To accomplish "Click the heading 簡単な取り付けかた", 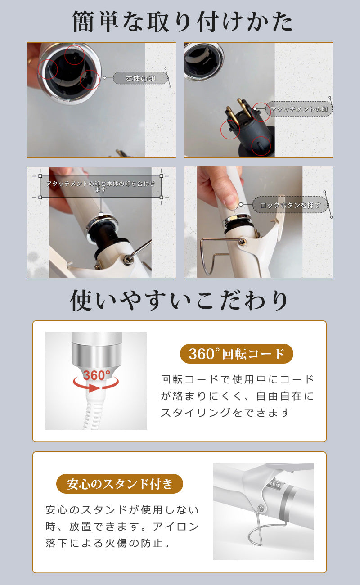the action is point(182,22).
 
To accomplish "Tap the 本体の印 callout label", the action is point(140,78).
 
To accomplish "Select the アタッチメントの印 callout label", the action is point(299,109).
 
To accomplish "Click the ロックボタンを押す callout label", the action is point(290,205).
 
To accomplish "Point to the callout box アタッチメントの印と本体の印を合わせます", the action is point(101,186).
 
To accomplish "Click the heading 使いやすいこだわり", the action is point(179,301).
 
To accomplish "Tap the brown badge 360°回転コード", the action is point(236,354).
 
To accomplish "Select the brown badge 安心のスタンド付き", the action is point(120,484).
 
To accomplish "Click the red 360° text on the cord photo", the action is point(97,375).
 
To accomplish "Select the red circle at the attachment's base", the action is point(261,146).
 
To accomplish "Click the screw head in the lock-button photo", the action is point(243,242).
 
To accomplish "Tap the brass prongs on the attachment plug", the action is point(236,111).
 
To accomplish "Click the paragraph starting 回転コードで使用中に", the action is point(237,396).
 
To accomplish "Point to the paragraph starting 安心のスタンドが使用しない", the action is point(122,526).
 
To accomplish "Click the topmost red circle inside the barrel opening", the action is point(74,55).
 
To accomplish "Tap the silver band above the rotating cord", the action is point(97,355).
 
